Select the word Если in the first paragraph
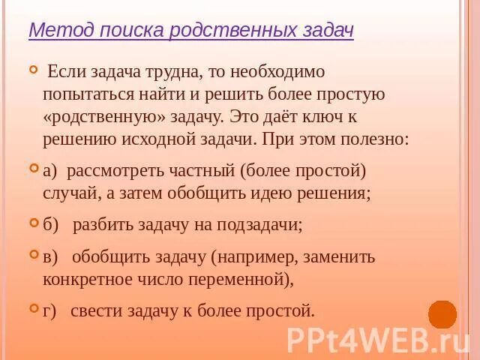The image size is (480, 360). click(67, 72)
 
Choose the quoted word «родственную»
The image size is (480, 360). click(94, 117)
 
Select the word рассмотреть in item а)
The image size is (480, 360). click(112, 170)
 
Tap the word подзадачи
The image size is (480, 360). click(258, 224)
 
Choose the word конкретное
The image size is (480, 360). click(90, 279)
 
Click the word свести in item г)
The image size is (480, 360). click(92, 310)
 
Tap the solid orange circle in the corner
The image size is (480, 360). click(442, 315)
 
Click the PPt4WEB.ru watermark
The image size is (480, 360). click(378, 338)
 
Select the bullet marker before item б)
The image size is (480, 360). click(33, 223)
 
